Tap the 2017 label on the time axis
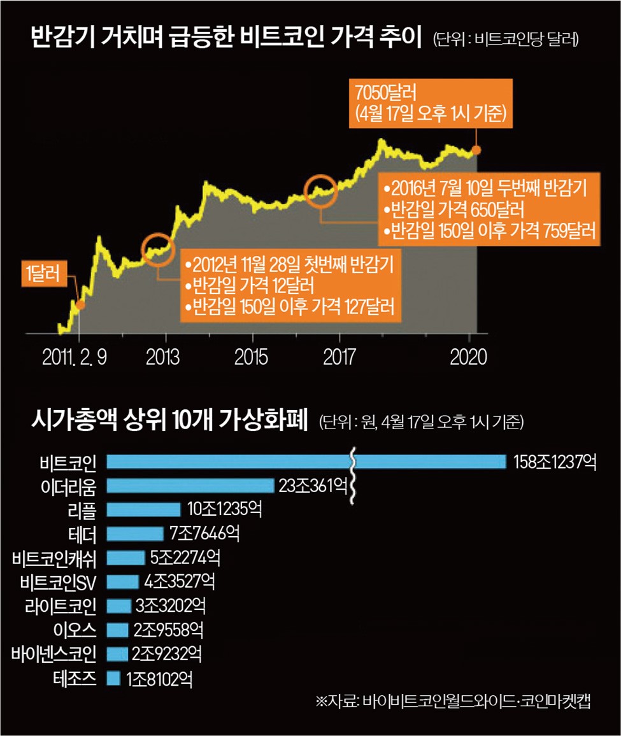tap(339, 357)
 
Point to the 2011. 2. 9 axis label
tap(75, 357)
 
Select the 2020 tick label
tap(468, 357)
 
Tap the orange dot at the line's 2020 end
tap(477, 150)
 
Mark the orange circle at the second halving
tap(321, 188)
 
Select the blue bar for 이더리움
tap(190, 486)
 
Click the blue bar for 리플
tap(144, 509)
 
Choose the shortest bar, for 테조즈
tap(113, 679)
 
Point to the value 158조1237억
tap(555, 462)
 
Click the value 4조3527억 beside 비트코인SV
tap(180, 582)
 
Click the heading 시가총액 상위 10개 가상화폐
tap(169, 421)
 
